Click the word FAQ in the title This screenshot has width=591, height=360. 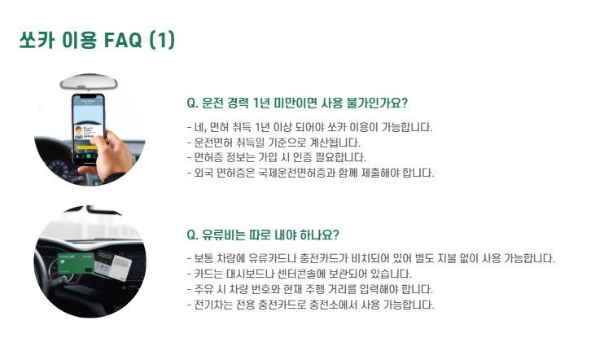[x=122, y=40]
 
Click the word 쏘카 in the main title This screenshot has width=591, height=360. [x=37, y=40]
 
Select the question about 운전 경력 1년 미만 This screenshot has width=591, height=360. [x=297, y=103]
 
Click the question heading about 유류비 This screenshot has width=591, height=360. [x=263, y=235]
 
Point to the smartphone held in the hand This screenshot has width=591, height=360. [x=88, y=130]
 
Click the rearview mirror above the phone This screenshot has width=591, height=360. [x=89, y=82]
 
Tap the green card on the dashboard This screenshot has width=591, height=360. [x=76, y=263]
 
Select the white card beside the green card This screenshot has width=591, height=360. [x=112, y=264]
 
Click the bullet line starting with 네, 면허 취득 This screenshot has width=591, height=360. [x=309, y=127]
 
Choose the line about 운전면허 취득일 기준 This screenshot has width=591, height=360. [x=274, y=143]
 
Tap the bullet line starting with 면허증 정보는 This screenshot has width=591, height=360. [x=276, y=157]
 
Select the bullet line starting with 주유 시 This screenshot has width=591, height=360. [x=310, y=289]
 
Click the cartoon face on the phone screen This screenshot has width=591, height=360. [x=79, y=132]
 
